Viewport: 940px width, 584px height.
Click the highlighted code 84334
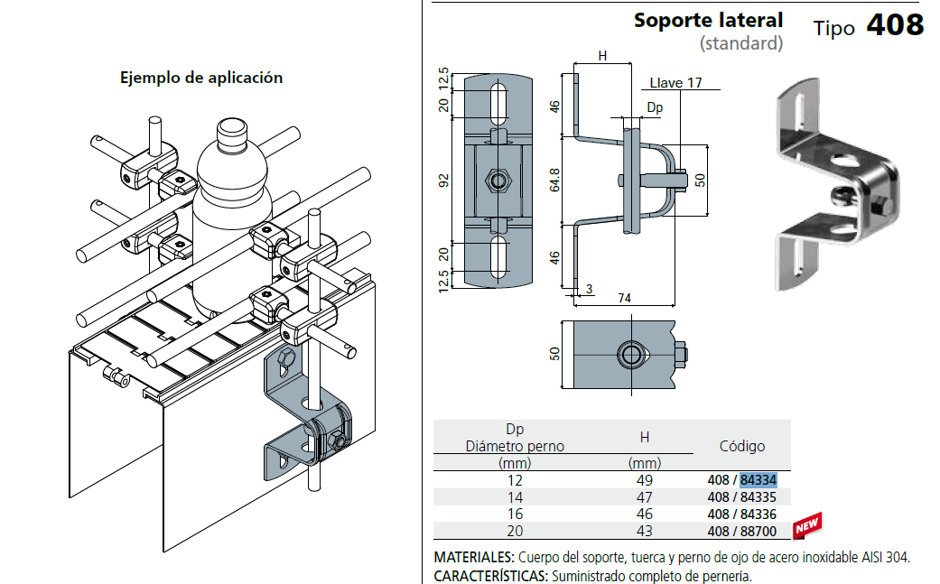759,479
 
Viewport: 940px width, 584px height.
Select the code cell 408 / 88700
742,532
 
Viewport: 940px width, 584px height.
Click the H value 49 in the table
644,480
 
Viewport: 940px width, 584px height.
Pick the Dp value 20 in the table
515,532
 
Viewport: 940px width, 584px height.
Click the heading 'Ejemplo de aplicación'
201,78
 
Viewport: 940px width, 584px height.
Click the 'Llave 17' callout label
675,83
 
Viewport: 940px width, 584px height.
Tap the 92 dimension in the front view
443,180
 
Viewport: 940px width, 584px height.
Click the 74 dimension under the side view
624,299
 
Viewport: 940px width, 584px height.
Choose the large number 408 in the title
895,24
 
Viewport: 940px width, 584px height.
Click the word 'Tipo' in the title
833,28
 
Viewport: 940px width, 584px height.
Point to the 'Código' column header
741,446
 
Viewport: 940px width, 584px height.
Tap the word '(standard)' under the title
740,43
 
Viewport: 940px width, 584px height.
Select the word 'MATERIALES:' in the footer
475,557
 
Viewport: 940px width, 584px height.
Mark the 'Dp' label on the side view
655,107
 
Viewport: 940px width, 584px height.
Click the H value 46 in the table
644,514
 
